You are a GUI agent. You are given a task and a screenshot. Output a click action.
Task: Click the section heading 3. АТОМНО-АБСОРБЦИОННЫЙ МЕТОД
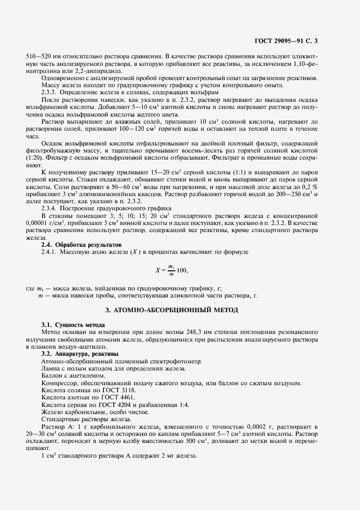180,310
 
